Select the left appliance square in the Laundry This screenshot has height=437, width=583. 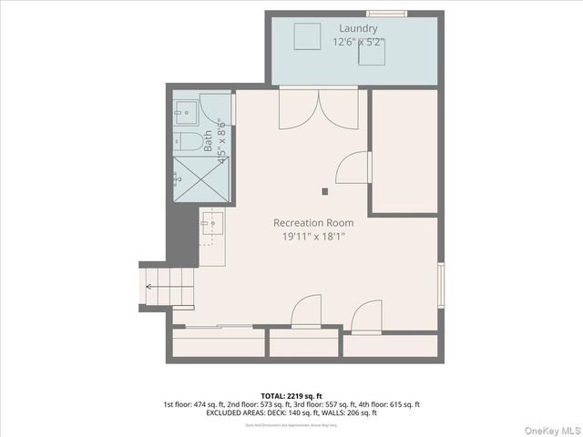coord(306,36)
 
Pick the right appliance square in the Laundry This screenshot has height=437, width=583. coord(371,54)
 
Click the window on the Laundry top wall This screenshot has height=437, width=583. coord(386,13)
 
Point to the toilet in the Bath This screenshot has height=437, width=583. coord(189,141)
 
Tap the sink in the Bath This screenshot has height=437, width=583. coord(187,113)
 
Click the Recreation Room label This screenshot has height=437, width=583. coord(313,222)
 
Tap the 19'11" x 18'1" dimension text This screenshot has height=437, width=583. coord(313,237)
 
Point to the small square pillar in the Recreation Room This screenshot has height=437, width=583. coord(325,191)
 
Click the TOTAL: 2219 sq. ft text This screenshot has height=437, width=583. coord(291,396)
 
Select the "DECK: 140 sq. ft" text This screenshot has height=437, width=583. coord(281,412)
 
